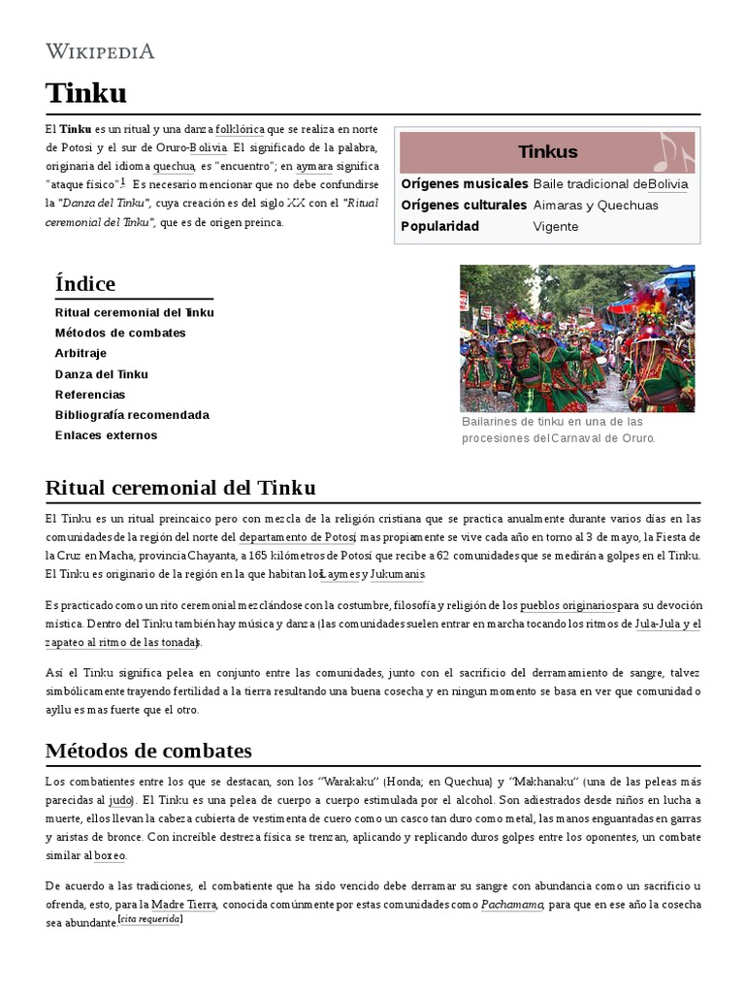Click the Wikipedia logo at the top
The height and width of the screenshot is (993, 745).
coord(100,51)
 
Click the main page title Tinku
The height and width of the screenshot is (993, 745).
coord(85,93)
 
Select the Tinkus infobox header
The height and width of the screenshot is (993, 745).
coord(547,151)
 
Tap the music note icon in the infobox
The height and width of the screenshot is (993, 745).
coord(673,151)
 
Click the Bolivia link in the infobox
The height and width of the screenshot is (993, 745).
coord(667,184)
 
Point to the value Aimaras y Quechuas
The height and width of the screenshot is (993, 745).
coord(595,206)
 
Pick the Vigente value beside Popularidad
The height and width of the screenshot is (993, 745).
coord(555,227)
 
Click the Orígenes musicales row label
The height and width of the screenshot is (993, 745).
coord(464,184)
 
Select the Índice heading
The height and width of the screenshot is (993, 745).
coord(85,284)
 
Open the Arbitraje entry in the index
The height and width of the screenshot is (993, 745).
coord(81,353)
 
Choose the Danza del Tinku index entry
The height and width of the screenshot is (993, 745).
coord(101,374)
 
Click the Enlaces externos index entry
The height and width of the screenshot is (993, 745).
coord(106,435)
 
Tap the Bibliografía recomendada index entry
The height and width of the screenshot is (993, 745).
coord(132,415)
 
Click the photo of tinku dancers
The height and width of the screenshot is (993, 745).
coord(576,338)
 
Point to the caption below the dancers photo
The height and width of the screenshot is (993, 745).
coord(559,430)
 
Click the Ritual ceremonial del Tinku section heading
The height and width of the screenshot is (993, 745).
coord(180,487)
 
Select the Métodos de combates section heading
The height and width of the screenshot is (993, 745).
coord(148,751)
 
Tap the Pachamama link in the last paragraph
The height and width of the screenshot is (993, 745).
coord(511,904)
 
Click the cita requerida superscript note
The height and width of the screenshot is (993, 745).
coord(149,920)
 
